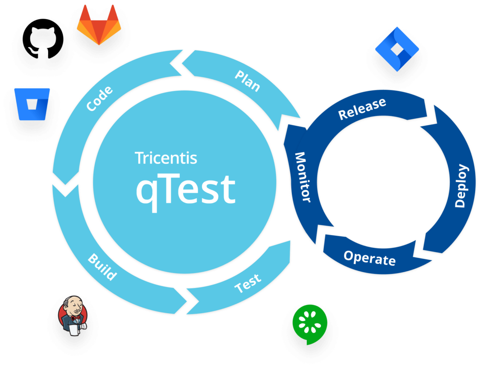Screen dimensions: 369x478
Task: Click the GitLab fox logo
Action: click(99, 25)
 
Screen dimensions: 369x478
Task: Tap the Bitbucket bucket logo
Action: click(32, 104)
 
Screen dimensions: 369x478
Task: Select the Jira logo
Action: click(397, 49)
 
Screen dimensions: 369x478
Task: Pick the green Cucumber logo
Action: click(310, 324)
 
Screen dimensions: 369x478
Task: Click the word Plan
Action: click(247, 81)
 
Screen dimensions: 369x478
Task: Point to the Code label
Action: click(100, 99)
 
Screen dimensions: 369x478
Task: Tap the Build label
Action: click(102, 267)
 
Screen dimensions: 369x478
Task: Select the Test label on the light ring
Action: click(248, 284)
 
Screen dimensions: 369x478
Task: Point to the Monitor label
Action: click(302, 177)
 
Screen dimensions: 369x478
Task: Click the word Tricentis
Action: click(166, 158)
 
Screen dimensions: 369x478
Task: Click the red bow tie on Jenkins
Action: click(76, 318)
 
